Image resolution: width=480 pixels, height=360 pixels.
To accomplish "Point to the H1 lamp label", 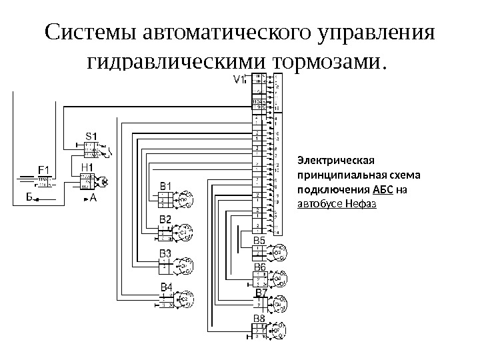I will pos(87,168).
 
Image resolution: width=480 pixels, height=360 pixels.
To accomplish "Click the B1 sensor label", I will pos(165,185).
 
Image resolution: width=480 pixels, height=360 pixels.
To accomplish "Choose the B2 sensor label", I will pos(165,219).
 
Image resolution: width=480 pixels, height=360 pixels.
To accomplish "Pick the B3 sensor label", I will pos(165,253).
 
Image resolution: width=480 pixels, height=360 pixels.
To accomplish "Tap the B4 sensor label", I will pos(165,287).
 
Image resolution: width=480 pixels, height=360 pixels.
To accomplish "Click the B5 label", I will pos(259,241).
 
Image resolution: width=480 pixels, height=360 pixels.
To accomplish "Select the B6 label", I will pos(259,267).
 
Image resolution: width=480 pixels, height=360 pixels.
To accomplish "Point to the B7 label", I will pos(261,293).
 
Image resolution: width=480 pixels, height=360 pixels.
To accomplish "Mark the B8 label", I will pos(259,319).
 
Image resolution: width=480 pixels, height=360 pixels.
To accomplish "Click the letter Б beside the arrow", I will pos(30,197).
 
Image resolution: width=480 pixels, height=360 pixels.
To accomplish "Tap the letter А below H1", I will pos(93,198).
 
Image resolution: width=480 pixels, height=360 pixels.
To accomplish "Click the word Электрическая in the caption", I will pos(337,161).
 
